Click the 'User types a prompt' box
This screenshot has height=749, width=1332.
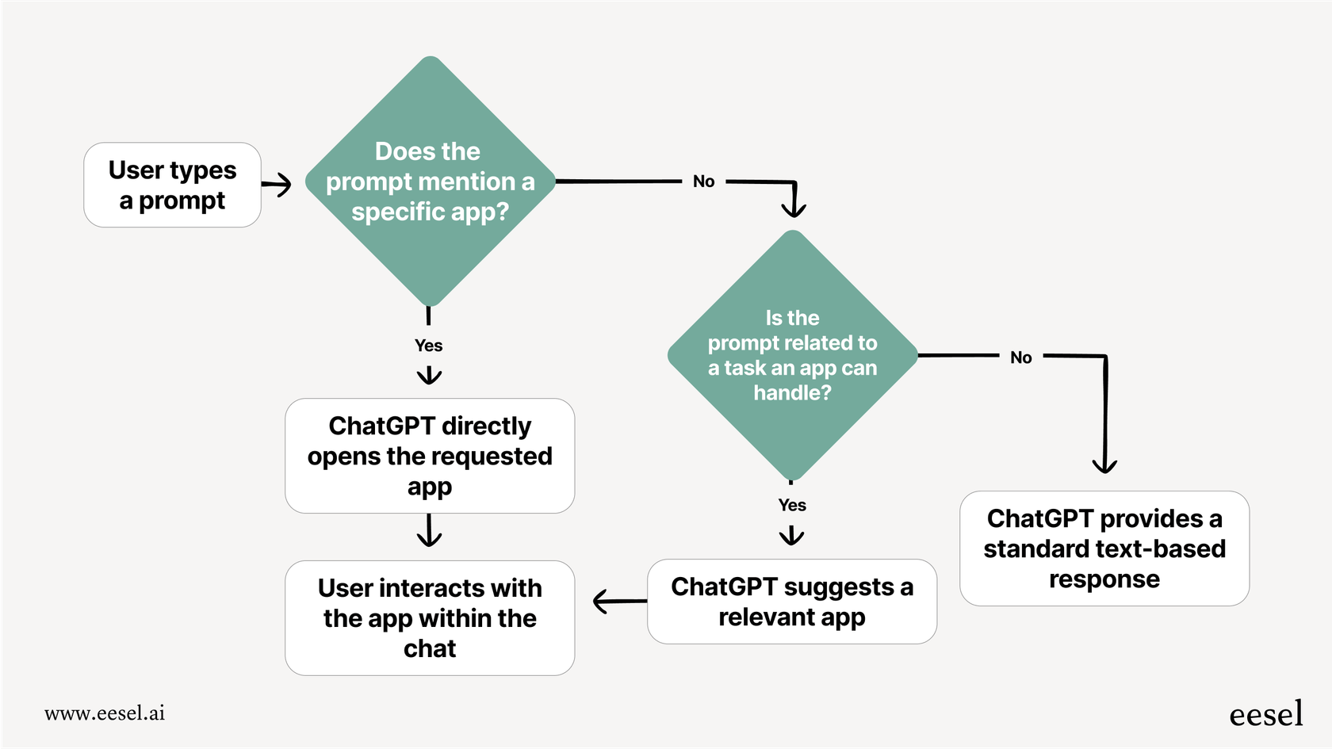tap(172, 185)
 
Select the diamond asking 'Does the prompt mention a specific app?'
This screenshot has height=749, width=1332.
tap(430, 182)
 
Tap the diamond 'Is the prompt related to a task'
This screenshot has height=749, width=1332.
tap(792, 354)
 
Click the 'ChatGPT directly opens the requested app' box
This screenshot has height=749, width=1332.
tap(430, 456)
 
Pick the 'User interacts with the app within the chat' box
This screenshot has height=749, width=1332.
tap(430, 618)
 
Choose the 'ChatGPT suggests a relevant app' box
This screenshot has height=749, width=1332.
tap(792, 602)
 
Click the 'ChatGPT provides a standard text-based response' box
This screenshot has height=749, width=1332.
tap(1104, 548)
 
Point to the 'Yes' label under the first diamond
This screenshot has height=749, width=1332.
tap(428, 346)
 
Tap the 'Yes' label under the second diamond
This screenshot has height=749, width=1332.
tap(792, 505)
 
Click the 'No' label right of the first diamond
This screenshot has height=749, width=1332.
tap(703, 182)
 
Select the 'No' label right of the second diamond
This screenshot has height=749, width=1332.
tap(1021, 357)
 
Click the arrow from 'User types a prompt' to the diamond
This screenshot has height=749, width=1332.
tap(277, 185)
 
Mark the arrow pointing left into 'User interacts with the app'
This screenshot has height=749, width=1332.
tap(618, 602)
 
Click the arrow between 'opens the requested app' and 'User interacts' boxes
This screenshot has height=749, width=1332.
tap(429, 532)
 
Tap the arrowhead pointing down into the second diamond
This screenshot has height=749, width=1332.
tap(794, 208)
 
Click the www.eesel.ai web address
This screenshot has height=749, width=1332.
tap(105, 713)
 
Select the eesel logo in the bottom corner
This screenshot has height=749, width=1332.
tap(1265, 714)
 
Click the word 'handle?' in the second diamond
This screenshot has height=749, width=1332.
tap(792, 393)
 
